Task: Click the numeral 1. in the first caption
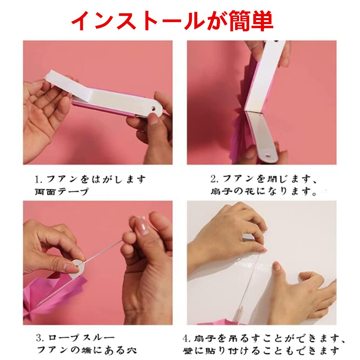point(39,180)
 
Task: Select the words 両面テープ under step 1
point(61,192)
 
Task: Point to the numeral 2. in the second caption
point(215,179)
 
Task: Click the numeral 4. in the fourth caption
point(186,338)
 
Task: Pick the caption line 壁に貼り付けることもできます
point(261,351)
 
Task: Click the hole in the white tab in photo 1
point(152,108)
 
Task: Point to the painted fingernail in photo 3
point(141,226)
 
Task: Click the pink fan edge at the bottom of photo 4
point(220,322)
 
